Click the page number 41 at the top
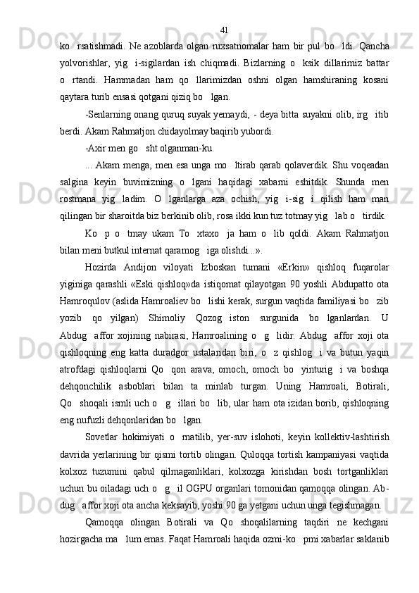pyautogui.click(x=223, y=11)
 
